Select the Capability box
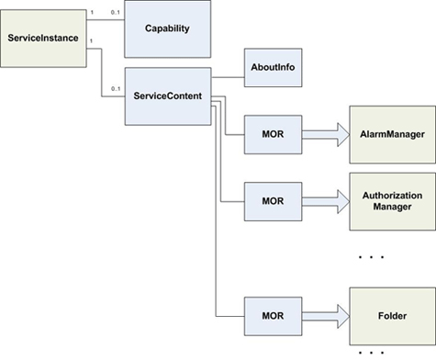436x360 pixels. pos(167,28)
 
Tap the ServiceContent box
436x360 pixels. pos(167,95)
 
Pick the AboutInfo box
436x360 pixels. pos(273,69)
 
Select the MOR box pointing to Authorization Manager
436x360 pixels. pos(272,200)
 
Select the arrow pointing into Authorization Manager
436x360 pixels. pos(325,200)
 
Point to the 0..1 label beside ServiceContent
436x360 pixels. pos(115,88)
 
